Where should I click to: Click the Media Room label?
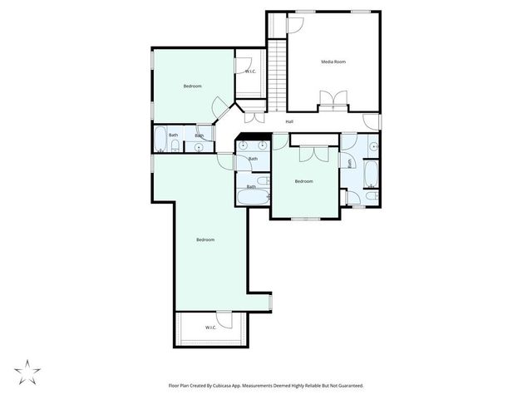click(x=333, y=62)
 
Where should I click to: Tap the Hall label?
click(x=289, y=121)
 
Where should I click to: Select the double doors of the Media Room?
click(x=333, y=101)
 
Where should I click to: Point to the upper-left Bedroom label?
click(x=192, y=86)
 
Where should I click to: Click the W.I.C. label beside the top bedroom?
click(x=249, y=71)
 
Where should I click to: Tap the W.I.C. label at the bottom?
click(x=211, y=328)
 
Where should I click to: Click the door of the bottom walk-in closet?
click(x=224, y=318)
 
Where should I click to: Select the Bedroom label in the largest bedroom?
click(x=205, y=240)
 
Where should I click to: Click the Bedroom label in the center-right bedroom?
click(x=304, y=181)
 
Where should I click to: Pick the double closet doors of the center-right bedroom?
click(x=313, y=153)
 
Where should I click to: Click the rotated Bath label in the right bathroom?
click(x=351, y=162)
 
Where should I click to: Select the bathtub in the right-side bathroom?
click(x=371, y=174)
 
